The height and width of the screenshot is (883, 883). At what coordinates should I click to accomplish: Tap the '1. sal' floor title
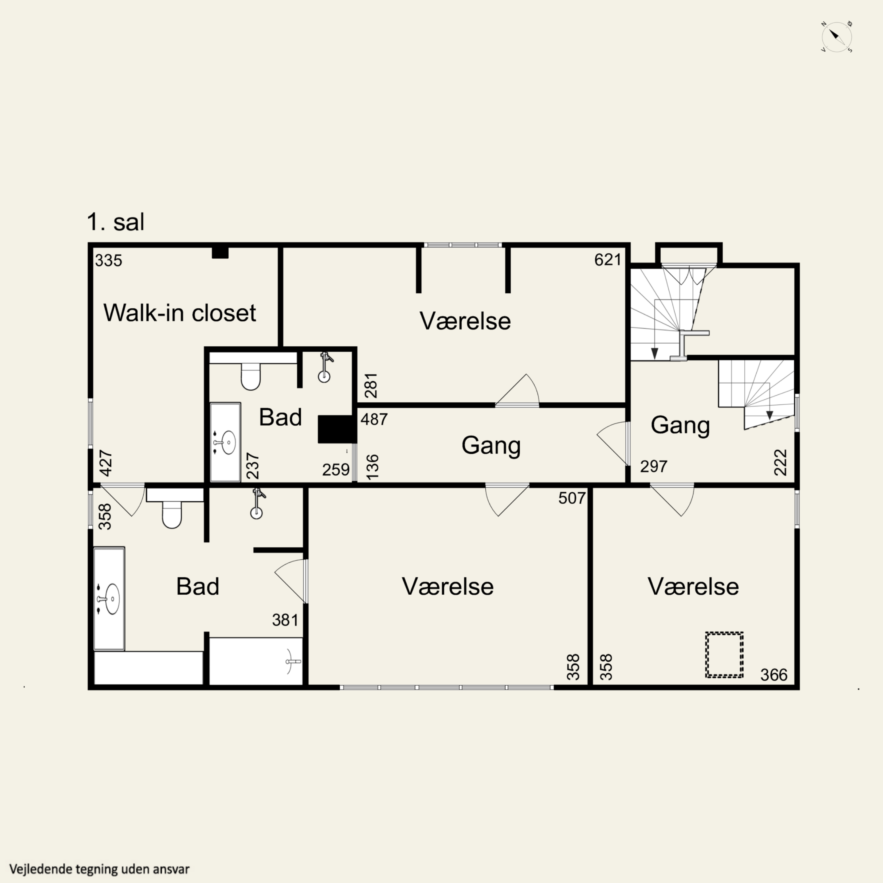coord(116,222)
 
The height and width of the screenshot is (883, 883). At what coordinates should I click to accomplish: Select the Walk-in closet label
coord(180,313)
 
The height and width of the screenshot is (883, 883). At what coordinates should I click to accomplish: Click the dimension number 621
coord(608,260)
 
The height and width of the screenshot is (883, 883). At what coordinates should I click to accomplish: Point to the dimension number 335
coord(109,261)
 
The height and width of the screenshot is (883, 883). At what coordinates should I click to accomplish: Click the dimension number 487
coord(374,419)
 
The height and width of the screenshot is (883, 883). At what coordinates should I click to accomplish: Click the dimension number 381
coord(285,620)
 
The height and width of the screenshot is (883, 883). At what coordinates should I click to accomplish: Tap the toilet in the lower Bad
coord(172,515)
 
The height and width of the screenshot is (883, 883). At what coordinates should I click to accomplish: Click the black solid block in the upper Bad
coord(337,429)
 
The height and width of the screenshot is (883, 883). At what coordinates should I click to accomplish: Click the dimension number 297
coord(654,466)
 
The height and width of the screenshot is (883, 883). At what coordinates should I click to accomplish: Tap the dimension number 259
coord(336,469)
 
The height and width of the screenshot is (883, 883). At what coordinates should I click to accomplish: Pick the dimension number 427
coord(105,464)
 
